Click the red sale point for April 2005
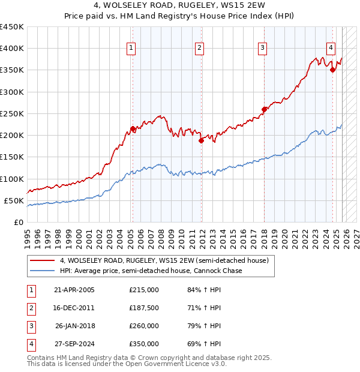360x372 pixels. click(133, 128)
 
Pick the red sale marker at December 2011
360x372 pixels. click(201, 140)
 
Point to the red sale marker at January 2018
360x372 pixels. click(264, 109)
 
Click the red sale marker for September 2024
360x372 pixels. click(332, 70)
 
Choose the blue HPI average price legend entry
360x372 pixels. click(151, 271)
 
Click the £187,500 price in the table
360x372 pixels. click(144, 308)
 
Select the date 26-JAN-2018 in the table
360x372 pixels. click(74, 326)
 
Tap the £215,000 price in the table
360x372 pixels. click(144, 290)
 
